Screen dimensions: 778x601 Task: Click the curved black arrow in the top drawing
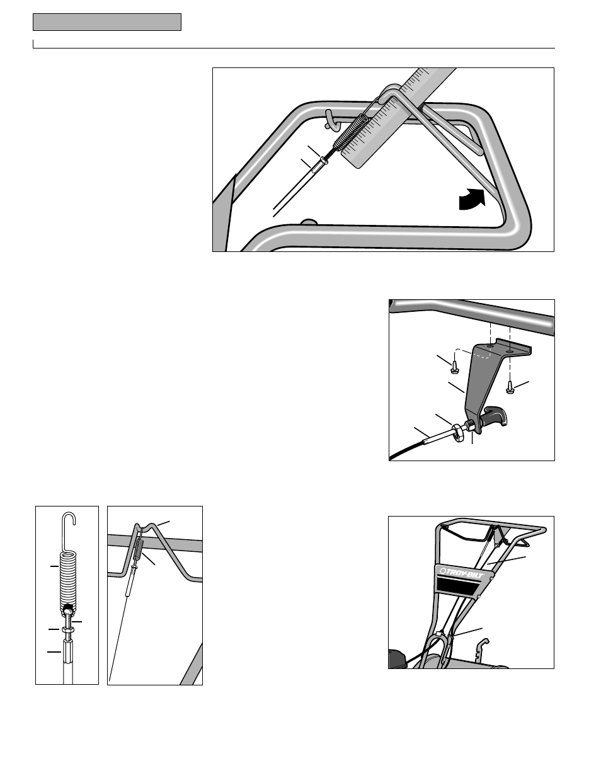pyautogui.click(x=472, y=202)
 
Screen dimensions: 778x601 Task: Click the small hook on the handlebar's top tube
pyautogui.click(x=329, y=118)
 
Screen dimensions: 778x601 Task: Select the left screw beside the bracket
pyautogui.click(x=455, y=365)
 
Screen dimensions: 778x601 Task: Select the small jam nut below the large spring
pyautogui.click(x=68, y=629)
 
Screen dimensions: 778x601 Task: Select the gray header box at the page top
pyautogui.click(x=107, y=22)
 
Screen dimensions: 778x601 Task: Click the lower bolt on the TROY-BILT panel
pyautogui.click(x=479, y=594)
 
